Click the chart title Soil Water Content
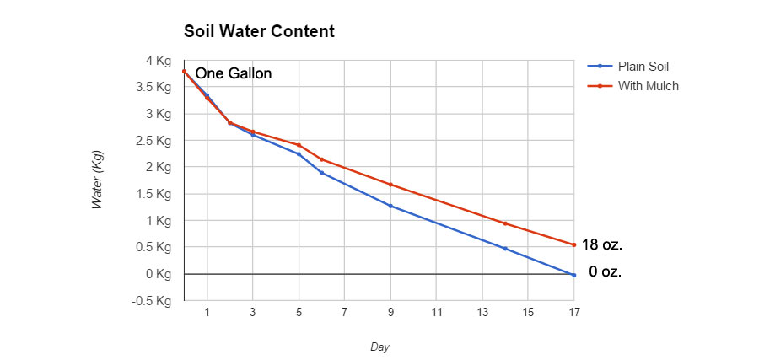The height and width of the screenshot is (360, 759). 259,32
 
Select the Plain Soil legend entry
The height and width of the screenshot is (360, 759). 643,67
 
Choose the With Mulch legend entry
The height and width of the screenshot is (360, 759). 648,86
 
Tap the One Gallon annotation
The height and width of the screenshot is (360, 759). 234,74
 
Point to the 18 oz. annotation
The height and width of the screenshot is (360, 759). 601,244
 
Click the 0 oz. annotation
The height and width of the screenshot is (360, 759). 606,272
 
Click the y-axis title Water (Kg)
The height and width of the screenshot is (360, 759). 98,180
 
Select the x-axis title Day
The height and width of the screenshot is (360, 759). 379,347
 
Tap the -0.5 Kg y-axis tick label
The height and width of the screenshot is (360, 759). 153,301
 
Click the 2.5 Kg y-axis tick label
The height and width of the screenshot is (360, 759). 154,141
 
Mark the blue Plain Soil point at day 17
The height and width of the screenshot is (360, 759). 573,275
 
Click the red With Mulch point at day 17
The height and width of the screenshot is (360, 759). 573,245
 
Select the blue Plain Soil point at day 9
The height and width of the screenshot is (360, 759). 390,206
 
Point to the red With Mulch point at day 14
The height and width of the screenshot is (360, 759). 505,223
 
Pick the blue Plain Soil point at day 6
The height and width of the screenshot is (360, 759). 321,173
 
